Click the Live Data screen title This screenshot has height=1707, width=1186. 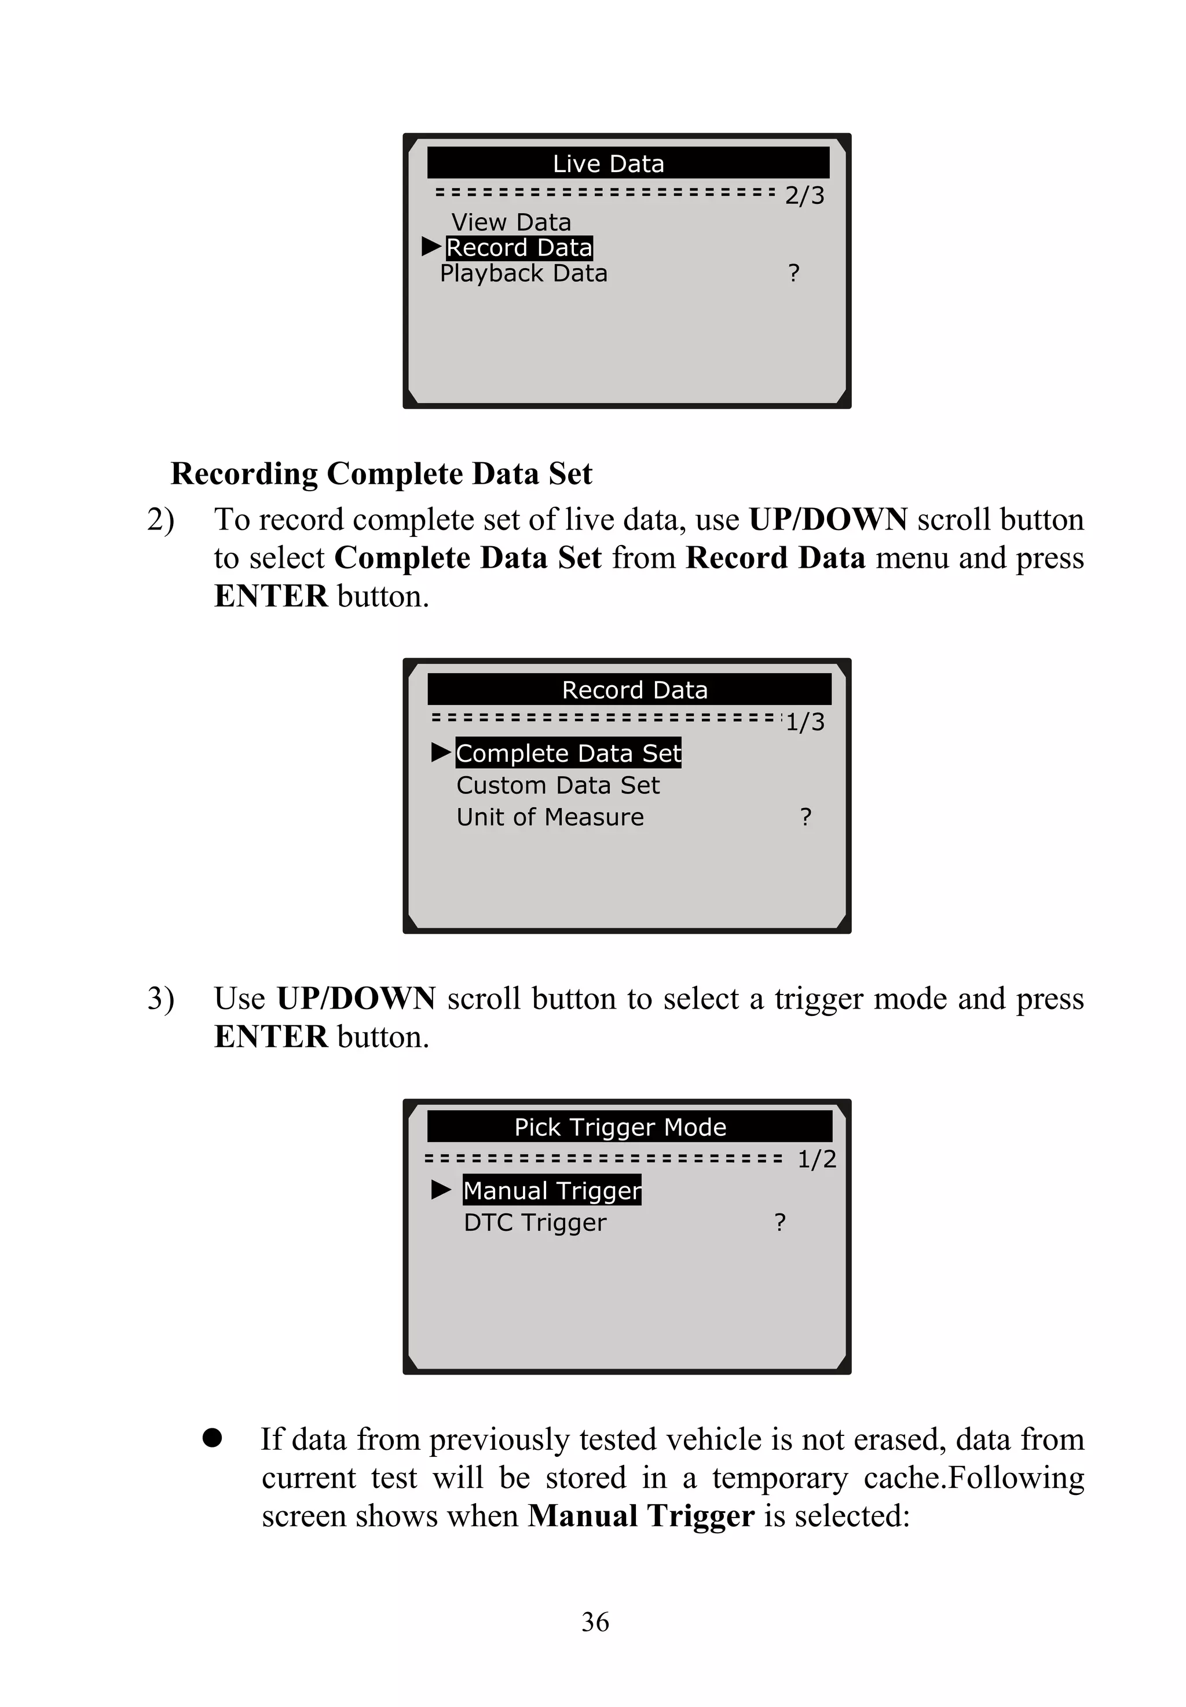point(608,163)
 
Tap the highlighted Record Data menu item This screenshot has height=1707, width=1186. point(519,247)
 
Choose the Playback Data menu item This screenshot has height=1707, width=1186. point(523,273)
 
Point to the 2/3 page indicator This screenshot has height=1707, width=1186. point(805,195)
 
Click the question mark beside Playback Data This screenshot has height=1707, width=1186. point(793,273)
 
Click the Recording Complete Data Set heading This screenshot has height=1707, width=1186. point(381,473)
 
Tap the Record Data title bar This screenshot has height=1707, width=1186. point(634,690)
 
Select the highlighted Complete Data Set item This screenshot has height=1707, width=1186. point(568,753)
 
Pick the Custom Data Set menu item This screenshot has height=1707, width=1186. point(557,785)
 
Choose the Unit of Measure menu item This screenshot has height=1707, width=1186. point(550,817)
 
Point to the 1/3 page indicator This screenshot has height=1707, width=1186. point(806,722)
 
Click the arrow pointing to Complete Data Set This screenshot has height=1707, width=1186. point(441,752)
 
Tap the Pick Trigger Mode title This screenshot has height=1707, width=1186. point(620,1127)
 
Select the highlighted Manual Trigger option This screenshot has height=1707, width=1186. point(551,1190)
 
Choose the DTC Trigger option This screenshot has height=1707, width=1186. point(535,1222)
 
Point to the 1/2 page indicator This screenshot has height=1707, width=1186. point(817,1158)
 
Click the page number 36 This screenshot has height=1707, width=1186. point(595,1621)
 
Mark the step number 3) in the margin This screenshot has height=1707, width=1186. point(160,998)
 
